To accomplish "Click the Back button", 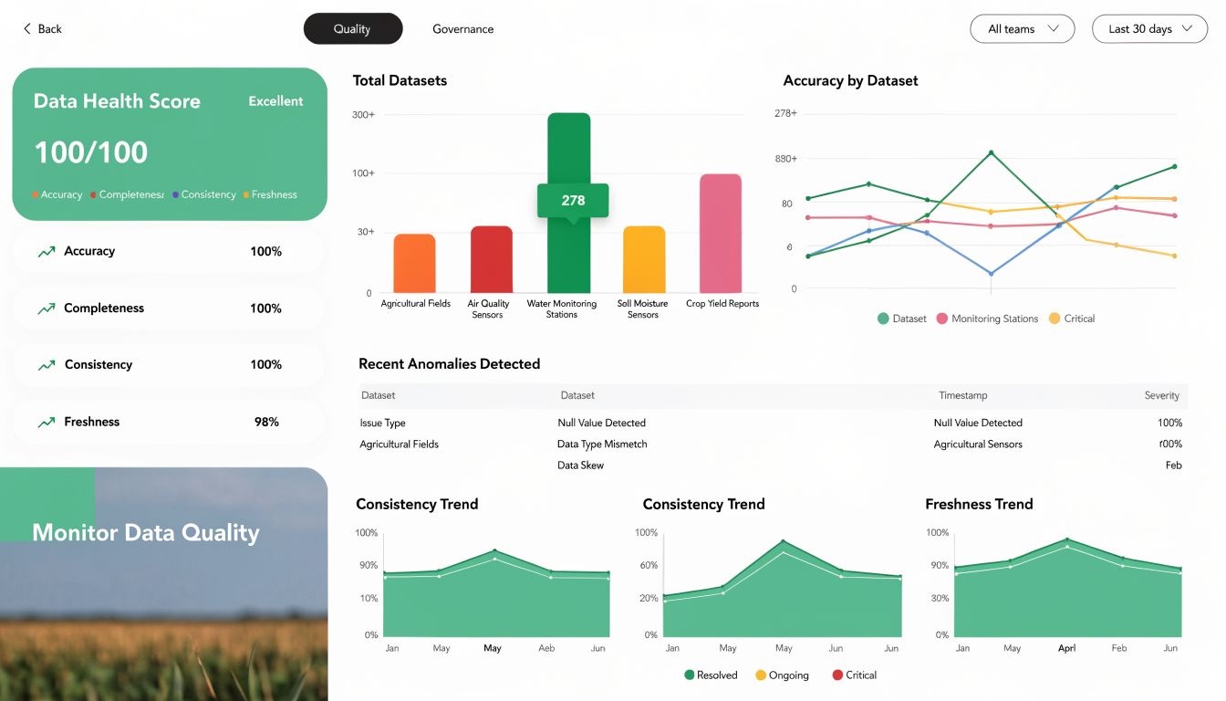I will coord(42,29).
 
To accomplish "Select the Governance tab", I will coord(462,29).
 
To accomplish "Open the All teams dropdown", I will coord(1022,29).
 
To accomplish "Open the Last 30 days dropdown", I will coord(1149,29).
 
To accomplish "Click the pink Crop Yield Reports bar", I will coord(721,233).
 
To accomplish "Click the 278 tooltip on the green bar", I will coord(573,201).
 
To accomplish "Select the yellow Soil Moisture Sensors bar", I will coord(644,259).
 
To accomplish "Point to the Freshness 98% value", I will coord(266,422).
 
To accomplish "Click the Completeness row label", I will coord(104,309).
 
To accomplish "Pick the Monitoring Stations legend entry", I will coord(994,319).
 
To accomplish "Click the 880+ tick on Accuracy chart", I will coord(785,159).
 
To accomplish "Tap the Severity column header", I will coord(1161,395).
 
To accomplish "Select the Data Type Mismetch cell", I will coord(602,445).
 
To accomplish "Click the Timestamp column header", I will coord(962,395).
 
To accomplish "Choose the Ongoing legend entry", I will coord(788,675).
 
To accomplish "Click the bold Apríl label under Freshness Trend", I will coord(1066,648).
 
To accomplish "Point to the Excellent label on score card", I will coord(275,101).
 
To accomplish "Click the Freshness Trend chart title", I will coord(979,504).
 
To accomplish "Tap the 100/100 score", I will coord(91,152).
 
